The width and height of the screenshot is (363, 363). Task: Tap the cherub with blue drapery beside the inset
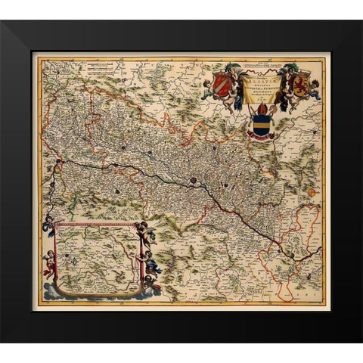pos(154,267)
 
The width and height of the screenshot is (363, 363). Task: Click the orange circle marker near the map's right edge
pos(312,193)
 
